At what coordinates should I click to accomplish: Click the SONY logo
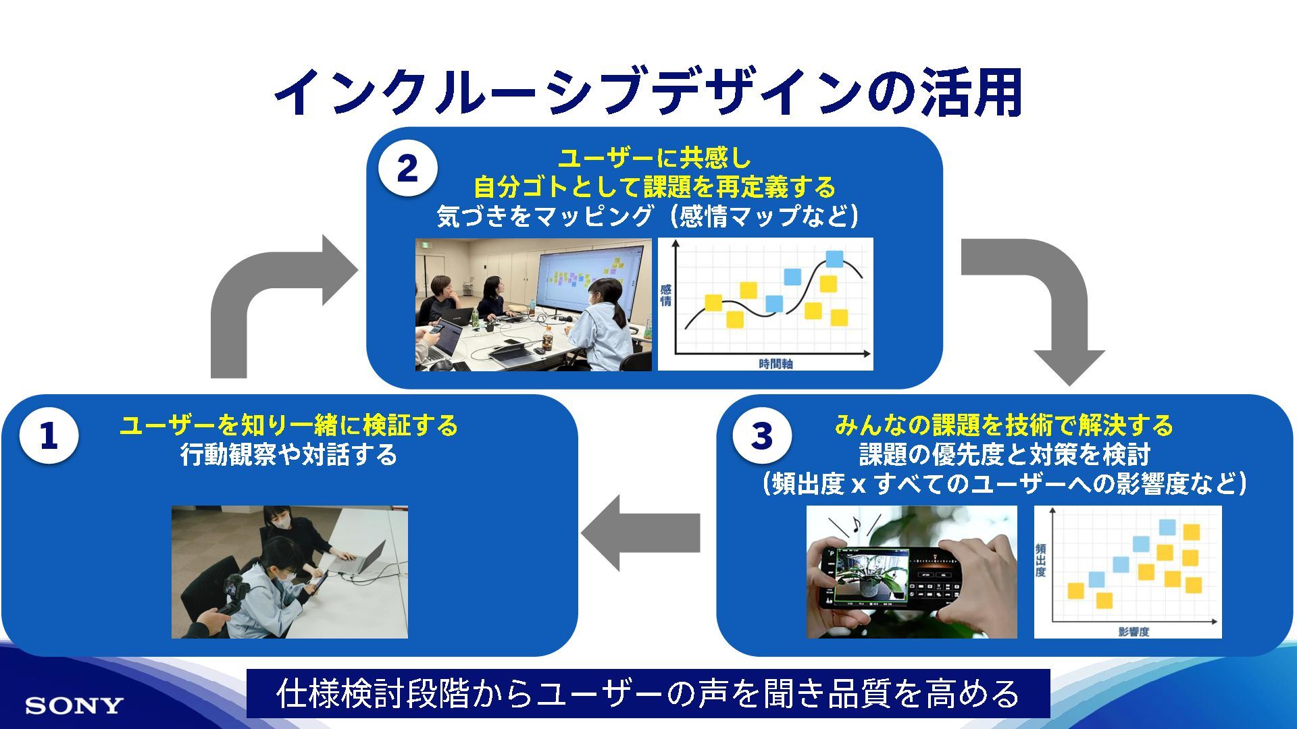(x=74, y=706)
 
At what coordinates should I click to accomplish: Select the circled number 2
(x=407, y=169)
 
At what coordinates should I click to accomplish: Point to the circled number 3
(x=762, y=436)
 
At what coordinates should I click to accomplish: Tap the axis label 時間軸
(x=775, y=364)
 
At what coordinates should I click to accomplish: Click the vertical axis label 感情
(x=665, y=296)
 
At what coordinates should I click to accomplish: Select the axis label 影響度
(x=1134, y=632)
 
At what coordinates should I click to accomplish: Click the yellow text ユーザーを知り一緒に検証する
(x=288, y=426)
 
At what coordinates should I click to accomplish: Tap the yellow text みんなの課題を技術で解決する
(x=1004, y=426)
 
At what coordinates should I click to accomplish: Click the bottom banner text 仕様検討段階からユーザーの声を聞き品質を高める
(x=648, y=694)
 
